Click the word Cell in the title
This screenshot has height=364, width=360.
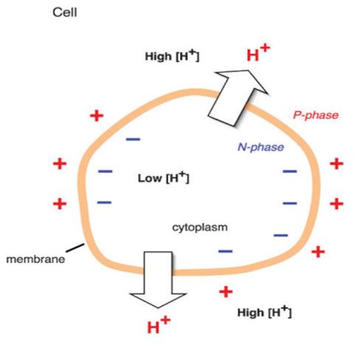coord(65,13)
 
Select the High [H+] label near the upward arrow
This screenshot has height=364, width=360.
coord(172,55)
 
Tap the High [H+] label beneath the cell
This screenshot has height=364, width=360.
coord(264,312)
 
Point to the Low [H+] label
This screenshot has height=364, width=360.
coord(163,177)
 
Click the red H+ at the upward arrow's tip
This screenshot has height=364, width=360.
coord(258,52)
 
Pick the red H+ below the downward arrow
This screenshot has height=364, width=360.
coord(159,325)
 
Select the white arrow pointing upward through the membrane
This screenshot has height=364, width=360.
coord(238,97)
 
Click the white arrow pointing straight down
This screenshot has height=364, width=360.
coord(158,280)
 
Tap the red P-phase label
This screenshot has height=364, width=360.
coord(316,115)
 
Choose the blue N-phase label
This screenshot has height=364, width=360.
coord(261,147)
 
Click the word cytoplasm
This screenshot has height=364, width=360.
coord(200,227)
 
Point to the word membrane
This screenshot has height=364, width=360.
coord(35,259)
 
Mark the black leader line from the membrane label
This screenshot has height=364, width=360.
coord(75,248)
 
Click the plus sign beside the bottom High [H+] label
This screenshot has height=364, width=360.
coord(226,292)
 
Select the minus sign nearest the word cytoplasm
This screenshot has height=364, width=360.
coord(225,251)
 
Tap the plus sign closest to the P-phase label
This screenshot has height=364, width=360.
coord(336,164)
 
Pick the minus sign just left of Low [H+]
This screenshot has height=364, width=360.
coord(105,171)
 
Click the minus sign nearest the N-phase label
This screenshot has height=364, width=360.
coord(290,171)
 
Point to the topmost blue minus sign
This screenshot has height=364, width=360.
coord(133,140)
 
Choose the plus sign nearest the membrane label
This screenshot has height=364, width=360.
coord(60,204)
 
